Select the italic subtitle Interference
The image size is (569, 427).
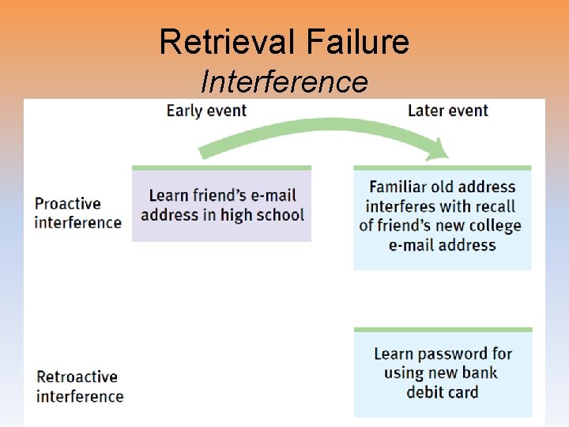click(284, 81)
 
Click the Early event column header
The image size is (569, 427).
click(206, 111)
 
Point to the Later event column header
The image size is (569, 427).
click(448, 111)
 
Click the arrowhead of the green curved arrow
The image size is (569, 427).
click(435, 147)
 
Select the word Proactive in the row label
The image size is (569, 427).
click(68, 204)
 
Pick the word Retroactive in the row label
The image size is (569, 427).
click(77, 377)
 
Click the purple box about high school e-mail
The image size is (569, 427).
click(221, 205)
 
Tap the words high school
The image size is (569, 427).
click(264, 214)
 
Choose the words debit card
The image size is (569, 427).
click(442, 391)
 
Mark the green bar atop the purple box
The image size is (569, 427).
click(221, 168)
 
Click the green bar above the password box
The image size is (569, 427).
click(443, 330)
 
